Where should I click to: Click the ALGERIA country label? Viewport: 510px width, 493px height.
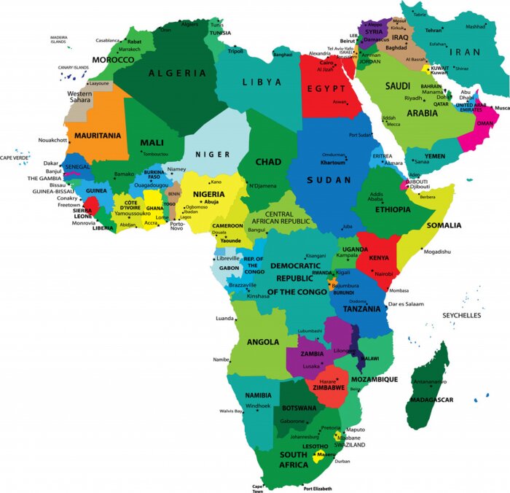[x=177, y=73]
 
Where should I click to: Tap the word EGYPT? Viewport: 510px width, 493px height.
[x=325, y=88]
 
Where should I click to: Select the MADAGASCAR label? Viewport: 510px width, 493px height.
[x=432, y=400]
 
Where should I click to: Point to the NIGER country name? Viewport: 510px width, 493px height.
[x=212, y=155]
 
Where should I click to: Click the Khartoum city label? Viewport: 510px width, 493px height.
[x=333, y=162]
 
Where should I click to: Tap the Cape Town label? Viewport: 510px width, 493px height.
[x=258, y=488]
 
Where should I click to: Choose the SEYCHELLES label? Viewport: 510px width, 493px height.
[x=462, y=315]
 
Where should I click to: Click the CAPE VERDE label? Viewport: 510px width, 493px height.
[x=15, y=158]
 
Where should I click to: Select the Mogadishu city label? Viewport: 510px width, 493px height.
[x=437, y=252]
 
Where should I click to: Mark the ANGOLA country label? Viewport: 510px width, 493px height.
[x=263, y=341]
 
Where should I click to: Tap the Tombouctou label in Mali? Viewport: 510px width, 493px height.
[x=155, y=154]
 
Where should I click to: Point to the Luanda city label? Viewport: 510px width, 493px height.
[x=224, y=319]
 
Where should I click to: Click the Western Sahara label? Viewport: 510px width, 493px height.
[x=79, y=98]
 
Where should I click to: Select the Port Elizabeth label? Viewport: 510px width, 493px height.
[x=318, y=488]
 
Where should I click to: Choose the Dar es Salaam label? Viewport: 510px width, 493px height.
[x=406, y=303]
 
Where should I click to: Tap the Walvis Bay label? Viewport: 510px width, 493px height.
[x=231, y=411]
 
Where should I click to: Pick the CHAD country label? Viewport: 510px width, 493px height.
[x=269, y=162]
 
